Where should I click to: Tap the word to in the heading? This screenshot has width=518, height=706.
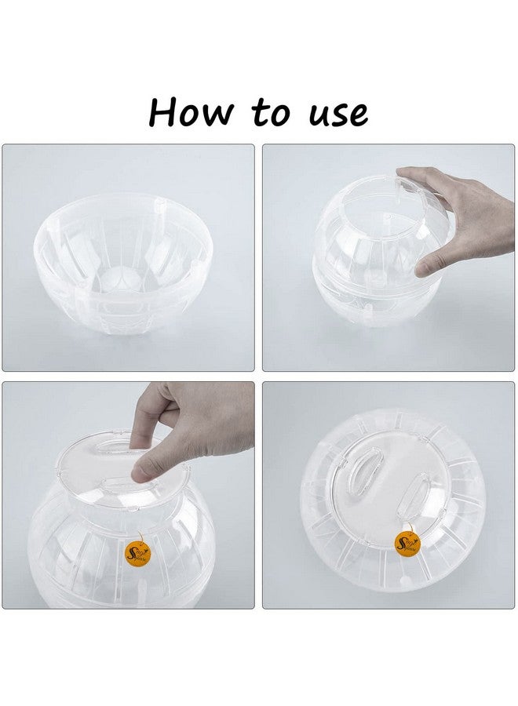click(x=270, y=113)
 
